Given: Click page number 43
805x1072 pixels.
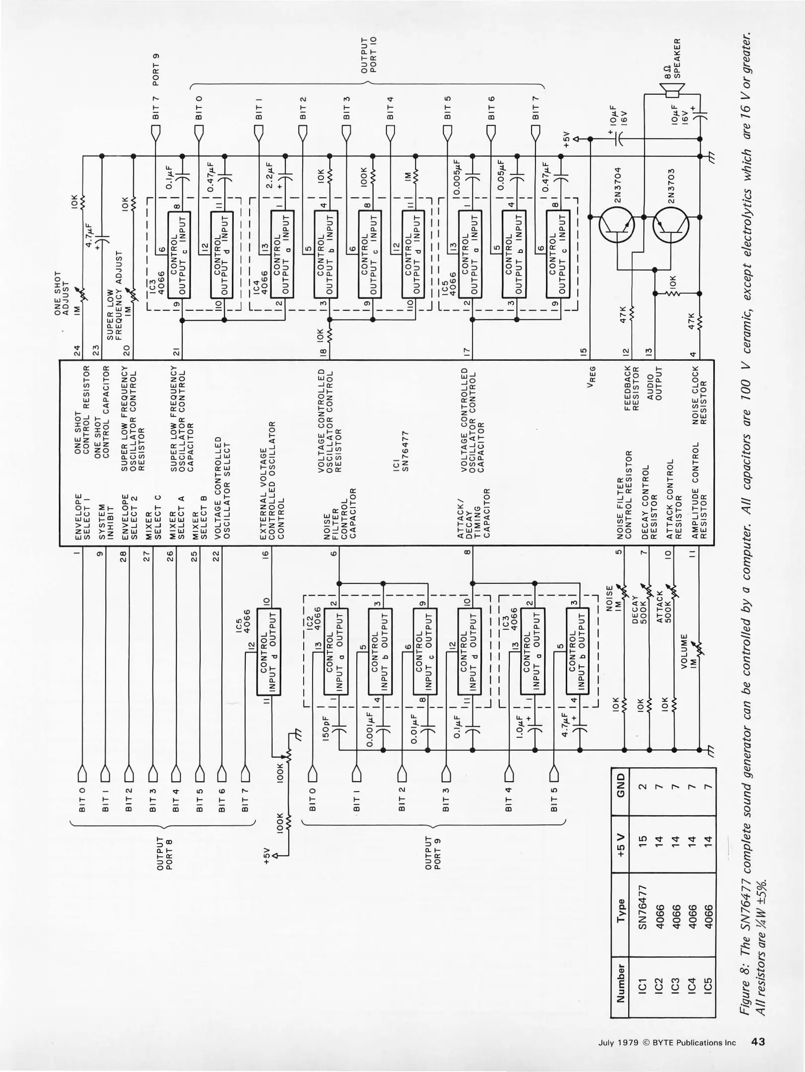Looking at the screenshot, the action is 758,1042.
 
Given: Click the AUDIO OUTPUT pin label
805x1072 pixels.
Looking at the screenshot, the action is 655,383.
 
